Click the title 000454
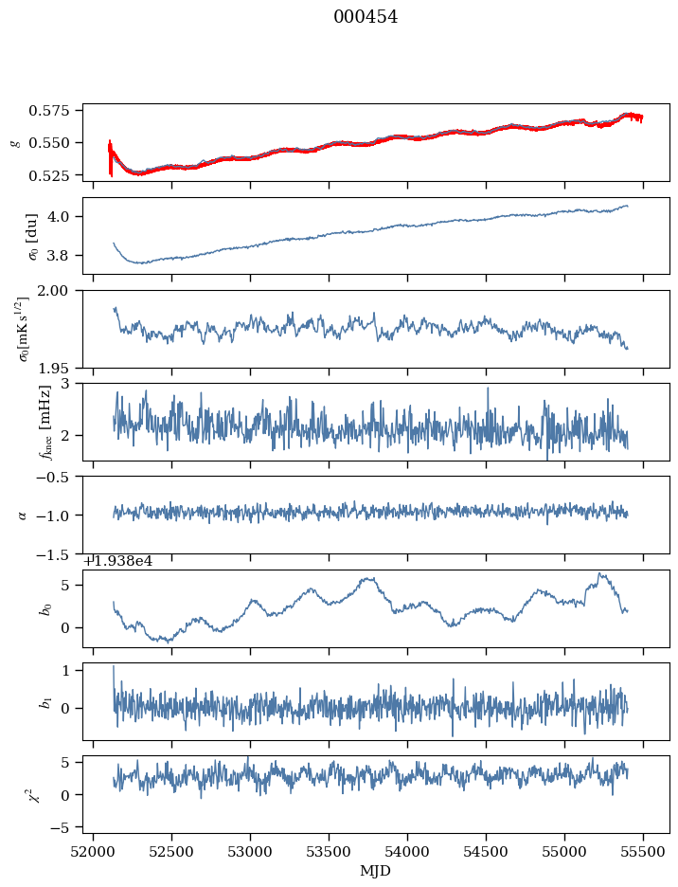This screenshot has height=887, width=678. (366, 17)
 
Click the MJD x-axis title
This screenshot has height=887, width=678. (377, 871)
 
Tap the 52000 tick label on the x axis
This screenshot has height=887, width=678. (93, 853)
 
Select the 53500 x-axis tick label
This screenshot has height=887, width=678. (330, 853)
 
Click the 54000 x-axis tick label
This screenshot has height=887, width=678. (408, 853)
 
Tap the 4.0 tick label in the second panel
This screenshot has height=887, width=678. (65, 217)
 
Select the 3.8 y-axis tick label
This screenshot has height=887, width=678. (65, 256)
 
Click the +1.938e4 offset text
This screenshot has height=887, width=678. (118, 561)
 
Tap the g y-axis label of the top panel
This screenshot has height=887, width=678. (14, 141)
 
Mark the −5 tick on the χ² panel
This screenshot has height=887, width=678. (65, 827)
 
